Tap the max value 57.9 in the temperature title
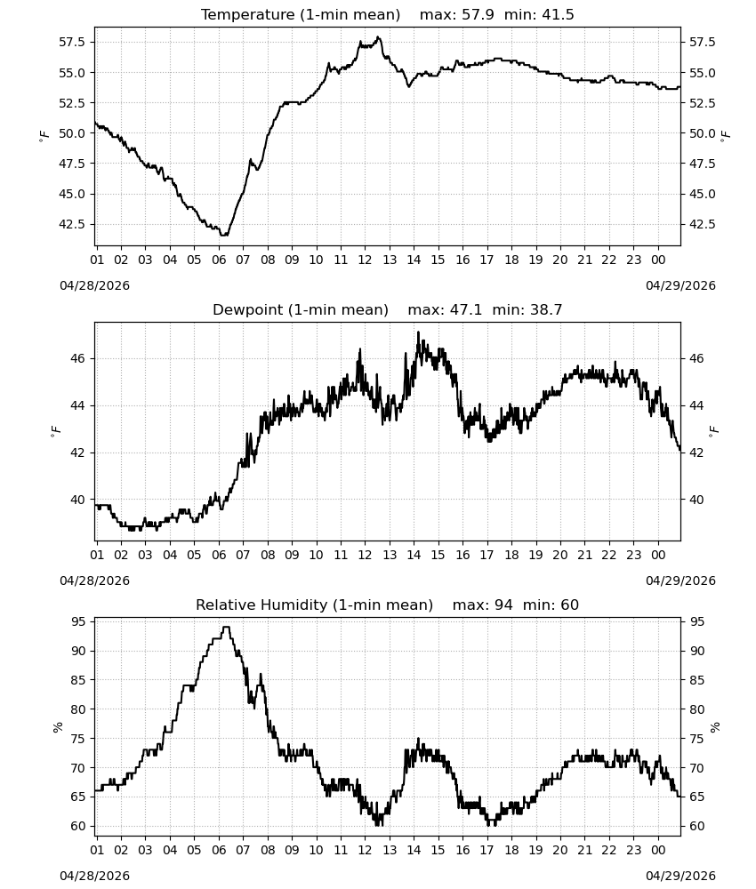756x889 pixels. tap(478, 14)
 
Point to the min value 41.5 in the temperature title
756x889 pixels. tap(558, 14)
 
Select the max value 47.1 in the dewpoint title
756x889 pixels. tap(466, 309)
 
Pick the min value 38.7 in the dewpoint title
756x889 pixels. tap(545, 309)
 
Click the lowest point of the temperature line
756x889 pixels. tap(223, 235)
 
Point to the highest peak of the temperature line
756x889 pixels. tap(378, 37)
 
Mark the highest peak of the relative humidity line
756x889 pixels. tap(226, 627)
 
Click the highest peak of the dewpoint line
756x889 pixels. tap(419, 332)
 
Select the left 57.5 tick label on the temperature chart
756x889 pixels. tap(72, 42)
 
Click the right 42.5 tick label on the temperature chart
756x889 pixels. tap(702, 224)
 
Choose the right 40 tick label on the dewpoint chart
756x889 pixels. tap(696, 500)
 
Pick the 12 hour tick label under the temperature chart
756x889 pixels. tap(365, 260)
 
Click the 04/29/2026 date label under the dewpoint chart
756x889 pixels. tap(680, 581)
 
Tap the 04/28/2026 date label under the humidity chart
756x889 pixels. tap(94, 876)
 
